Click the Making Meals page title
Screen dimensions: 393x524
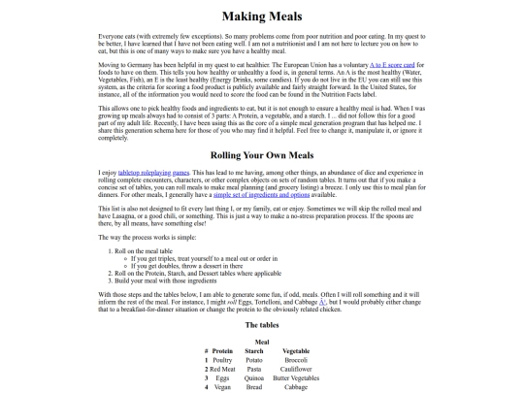[x=262, y=16]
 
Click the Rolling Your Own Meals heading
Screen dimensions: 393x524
[x=262, y=155]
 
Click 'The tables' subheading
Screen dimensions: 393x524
[x=262, y=325]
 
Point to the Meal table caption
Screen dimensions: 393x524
[x=262, y=342]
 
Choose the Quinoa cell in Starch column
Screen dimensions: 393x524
[x=254, y=377]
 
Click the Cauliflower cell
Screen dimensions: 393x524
[x=296, y=369]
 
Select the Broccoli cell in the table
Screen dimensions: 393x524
[x=296, y=359]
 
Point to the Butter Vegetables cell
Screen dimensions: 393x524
[x=296, y=377]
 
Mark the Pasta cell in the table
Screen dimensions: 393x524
[x=254, y=369]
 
